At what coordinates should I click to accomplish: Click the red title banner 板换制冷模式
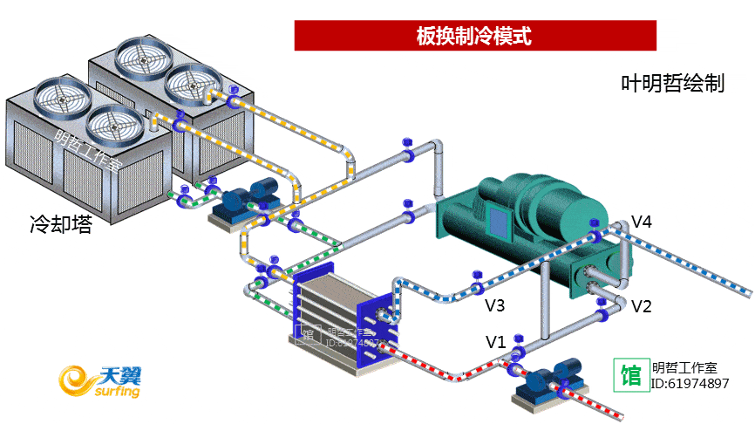point(474,36)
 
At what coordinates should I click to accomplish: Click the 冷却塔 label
point(60,224)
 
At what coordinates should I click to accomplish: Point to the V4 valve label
point(642,222)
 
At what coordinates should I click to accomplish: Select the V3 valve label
point(495,305)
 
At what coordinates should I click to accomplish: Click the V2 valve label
point(642,306)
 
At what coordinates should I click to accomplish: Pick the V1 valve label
point(495,341)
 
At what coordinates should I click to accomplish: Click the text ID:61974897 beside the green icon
point(690,384)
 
